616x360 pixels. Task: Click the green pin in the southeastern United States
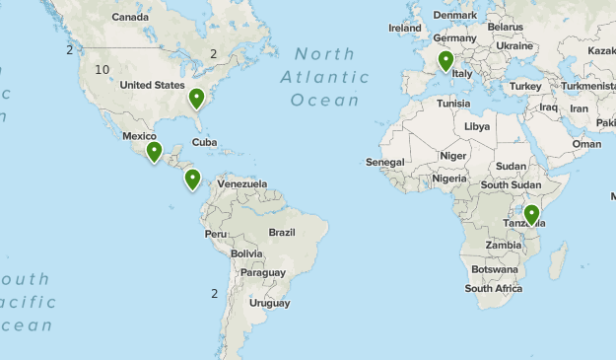pyautogui.click(x=197, y=99)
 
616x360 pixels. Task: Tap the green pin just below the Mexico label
pyautogui.click(x=154, y=152)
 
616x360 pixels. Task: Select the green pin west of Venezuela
pyautogui.click(x=193, y=180)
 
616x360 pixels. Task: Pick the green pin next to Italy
pyautogui.click(x=445, y=62)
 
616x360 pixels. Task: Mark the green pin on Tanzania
pyautogui.click(x=532, y=214)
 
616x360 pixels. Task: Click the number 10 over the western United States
pyautogui.click(x=103, y=69)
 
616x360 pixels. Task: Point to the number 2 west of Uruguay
pyautogui.click(x=214, y=293)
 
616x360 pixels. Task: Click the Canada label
pyautogui.click(x=130, y=18)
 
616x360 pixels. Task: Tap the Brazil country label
pyautogui.click(x=282, y=233)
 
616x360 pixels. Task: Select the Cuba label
pyautogui.click(x=204, y=142)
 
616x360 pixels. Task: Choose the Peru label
pyautogui.click(x=216, y=234)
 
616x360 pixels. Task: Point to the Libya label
pyautogui.click(x=477, y=127)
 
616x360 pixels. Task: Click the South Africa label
pyautogui.click(x=494, y=289)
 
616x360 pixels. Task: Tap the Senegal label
pyautogui.click(x=384, y=162)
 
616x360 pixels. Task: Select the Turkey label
pyautogui.click(x=525, y=87)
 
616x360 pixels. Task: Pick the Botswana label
pyautogui.click(x=494, y=269)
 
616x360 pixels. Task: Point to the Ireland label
pyautogui.click(x=405, y=29)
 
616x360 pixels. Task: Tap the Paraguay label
pyautogui.click(x=262, y=272)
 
